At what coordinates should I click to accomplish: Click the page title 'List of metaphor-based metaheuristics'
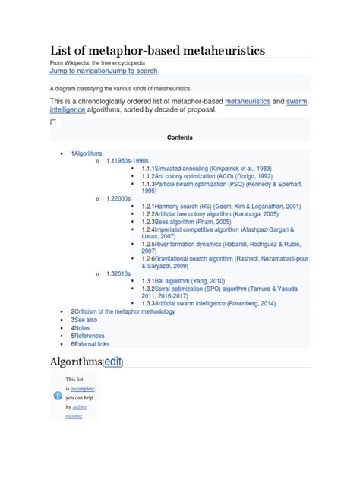pyautogui.click(x=157, y=50)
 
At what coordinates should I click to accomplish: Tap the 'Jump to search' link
pyautogui.click(x=133, y=71)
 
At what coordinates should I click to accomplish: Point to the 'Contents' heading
pyautogui.click(x=179, y=137)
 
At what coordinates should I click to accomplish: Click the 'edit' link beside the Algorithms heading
pyautogui.click(x=112, y=361)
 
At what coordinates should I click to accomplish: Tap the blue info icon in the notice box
pyautogui.click(x=58, y=396)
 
